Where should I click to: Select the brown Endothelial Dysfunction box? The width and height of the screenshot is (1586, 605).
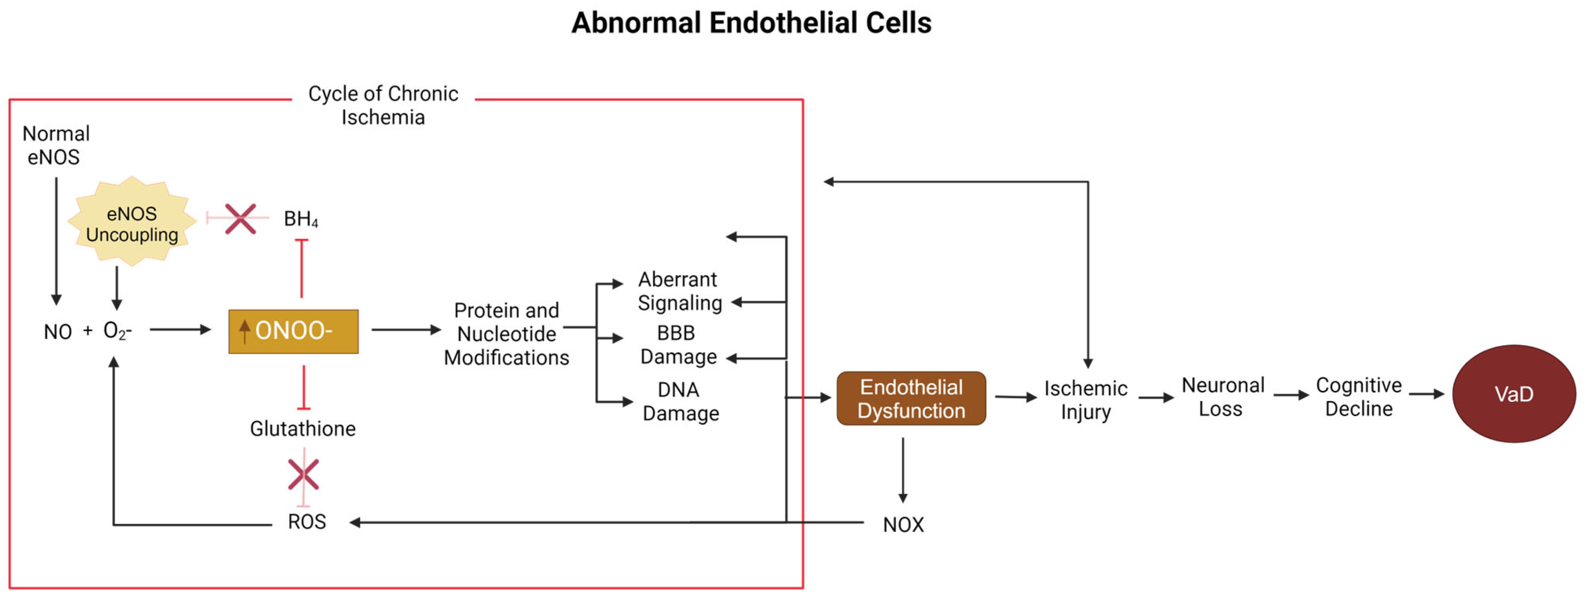point(911,398)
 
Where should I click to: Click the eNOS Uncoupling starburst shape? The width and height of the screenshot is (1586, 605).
point(132,223)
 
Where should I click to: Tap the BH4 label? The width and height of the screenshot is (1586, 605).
point(301,218)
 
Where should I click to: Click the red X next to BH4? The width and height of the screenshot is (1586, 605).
point(240,218)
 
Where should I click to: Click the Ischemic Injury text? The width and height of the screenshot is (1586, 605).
point(1085,400)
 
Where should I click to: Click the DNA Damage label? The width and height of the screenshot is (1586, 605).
point(680,401)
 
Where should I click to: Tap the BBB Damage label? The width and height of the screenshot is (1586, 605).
point(678,345)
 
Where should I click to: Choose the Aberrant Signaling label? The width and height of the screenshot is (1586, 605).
point(679,291)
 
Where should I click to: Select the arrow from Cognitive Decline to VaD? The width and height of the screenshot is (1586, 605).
point(1426,394)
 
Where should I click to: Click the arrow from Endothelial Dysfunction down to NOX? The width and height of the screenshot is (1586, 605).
point(902,470)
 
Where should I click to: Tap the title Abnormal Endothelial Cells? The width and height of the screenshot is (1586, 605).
point(751,23)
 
